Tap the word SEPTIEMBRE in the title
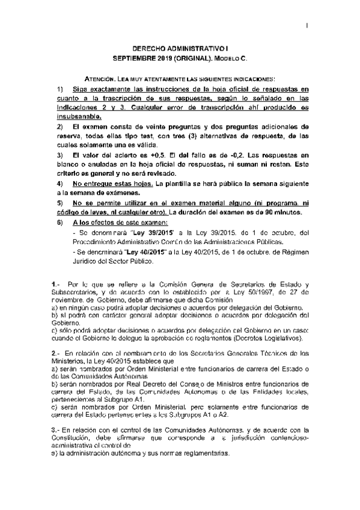133,59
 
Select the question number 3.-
56,430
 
